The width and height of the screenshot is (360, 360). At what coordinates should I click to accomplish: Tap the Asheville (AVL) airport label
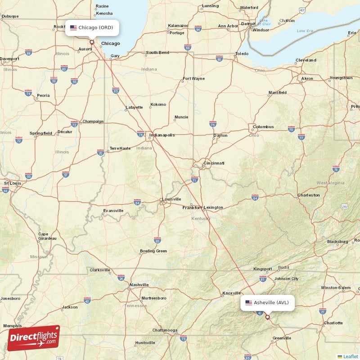pos(267,302)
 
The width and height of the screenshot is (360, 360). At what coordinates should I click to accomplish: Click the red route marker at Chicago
pos(92,42)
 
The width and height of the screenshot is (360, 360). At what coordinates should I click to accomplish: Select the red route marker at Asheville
pos(267,317)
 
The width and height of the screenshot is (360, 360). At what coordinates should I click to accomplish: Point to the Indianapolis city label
pos(162,135)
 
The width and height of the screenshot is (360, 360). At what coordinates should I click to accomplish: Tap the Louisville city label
pos(171,199)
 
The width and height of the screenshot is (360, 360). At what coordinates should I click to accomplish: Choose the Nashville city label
pos(139,284)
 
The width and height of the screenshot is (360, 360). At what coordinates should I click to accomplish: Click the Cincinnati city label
pos(214,163)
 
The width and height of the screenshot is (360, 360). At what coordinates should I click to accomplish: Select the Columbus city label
pos(263,126)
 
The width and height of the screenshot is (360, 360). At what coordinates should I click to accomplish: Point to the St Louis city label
pos(13,183)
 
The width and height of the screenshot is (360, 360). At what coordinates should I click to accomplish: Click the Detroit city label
pos(248,23)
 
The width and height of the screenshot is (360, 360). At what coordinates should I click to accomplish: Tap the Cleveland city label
pos(306,60)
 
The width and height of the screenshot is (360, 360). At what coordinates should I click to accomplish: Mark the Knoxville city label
pos(232,293)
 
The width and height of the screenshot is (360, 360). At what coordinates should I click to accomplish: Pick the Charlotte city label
pos(333,323)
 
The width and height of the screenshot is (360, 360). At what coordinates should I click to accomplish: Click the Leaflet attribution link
pos(350,356)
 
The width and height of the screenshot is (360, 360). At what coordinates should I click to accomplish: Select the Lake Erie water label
pos(305,31)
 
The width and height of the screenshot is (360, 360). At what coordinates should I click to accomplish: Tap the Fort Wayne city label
pos(193,79)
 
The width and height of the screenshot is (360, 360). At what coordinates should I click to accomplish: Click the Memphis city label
pos(12,325)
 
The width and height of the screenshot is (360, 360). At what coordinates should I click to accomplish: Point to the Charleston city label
pos(309,195)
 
